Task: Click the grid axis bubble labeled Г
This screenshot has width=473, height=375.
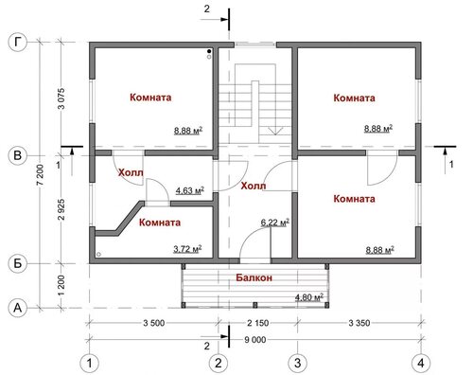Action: coord(17,43)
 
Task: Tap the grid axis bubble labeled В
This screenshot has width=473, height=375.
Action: coord(17,155)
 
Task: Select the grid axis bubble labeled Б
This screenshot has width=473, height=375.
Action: coord(17,263)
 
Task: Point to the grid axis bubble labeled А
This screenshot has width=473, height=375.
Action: coord(17,307)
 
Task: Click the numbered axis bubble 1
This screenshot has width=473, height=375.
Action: coord(90,363)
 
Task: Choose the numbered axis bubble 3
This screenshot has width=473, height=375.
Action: coord(297,363)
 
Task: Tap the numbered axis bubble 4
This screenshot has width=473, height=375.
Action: coord(421,363)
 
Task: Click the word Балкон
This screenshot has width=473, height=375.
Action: coord(254,277)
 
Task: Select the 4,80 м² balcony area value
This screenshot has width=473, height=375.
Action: coord(309,297)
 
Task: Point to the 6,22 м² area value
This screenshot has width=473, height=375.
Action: coord(275,223)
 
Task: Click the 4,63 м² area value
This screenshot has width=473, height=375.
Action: coord(190,190)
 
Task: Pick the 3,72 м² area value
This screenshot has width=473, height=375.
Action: coord(187,249)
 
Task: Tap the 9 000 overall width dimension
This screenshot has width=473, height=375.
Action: coord(255,340)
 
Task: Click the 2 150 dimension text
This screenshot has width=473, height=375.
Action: coord(258,323)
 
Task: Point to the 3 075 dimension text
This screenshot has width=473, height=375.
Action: coord(61,98)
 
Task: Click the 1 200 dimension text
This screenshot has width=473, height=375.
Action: coord(61,285)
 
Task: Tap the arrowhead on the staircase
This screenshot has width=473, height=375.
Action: coord(275,131)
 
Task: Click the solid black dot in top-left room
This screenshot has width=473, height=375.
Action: coord(209,51)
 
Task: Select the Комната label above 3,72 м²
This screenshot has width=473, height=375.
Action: coord(160,223)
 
